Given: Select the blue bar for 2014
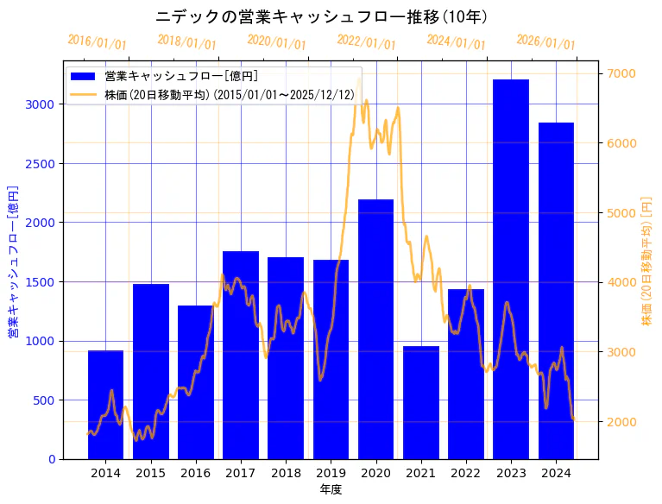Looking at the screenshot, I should (x=105, y=405).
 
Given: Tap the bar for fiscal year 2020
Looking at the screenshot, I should (x=375, y=329).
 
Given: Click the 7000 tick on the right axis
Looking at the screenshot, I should (x=622, y=73).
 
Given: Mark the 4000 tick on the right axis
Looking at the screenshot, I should (x=622, y=282).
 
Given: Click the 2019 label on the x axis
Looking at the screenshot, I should (x=331, y=473).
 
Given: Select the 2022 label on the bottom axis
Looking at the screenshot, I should (x=466, y=473).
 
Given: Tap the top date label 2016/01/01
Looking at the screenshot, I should (x=97, y=42).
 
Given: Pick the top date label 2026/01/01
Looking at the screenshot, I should (x=545, y=42).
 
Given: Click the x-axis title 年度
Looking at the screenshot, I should (x=331, y=489).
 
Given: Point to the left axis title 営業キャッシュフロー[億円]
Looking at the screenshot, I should (x=13, y=261).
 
